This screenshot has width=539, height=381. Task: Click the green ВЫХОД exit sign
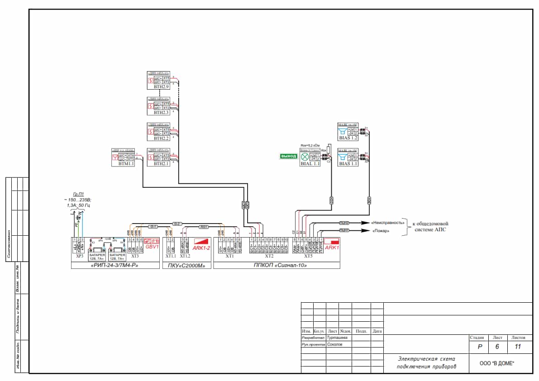point(288,157)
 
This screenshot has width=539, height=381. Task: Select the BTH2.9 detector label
point(161,86)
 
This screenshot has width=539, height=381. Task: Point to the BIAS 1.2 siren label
point(348,138)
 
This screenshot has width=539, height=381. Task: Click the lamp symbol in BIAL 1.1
point(305,157)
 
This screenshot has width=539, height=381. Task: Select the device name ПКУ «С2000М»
point(186,266)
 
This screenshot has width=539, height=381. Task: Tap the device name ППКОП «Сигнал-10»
point(277,266)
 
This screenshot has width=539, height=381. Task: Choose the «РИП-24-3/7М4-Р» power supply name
point(116,266)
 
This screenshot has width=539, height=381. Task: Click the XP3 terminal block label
point(80,256)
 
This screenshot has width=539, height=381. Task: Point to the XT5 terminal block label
point(308,256)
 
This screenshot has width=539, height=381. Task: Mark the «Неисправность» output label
point(387,223)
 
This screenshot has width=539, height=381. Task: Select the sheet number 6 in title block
point(497,347)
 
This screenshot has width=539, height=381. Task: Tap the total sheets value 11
point(518,347)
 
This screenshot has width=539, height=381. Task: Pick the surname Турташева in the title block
point(337,338)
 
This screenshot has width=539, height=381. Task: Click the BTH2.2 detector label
point(161,138)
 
